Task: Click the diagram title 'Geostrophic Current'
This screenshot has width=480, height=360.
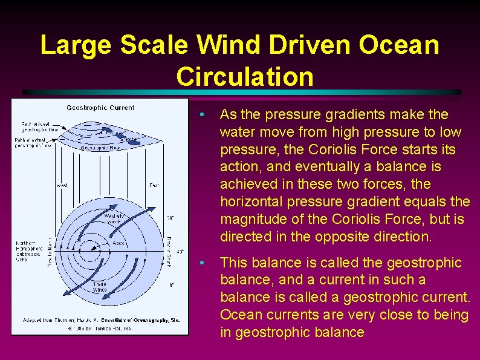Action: click(100, 108)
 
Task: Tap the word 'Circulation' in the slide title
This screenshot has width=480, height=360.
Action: click(245, 77)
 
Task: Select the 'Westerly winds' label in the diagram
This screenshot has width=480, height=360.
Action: click(114, 219)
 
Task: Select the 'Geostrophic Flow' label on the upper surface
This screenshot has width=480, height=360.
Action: click(100, 146)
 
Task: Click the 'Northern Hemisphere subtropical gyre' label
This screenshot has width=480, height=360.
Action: click(29, 250)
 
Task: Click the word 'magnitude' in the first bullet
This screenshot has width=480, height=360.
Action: click(248, 219)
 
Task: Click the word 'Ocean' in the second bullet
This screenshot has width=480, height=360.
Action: click(238, 315)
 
